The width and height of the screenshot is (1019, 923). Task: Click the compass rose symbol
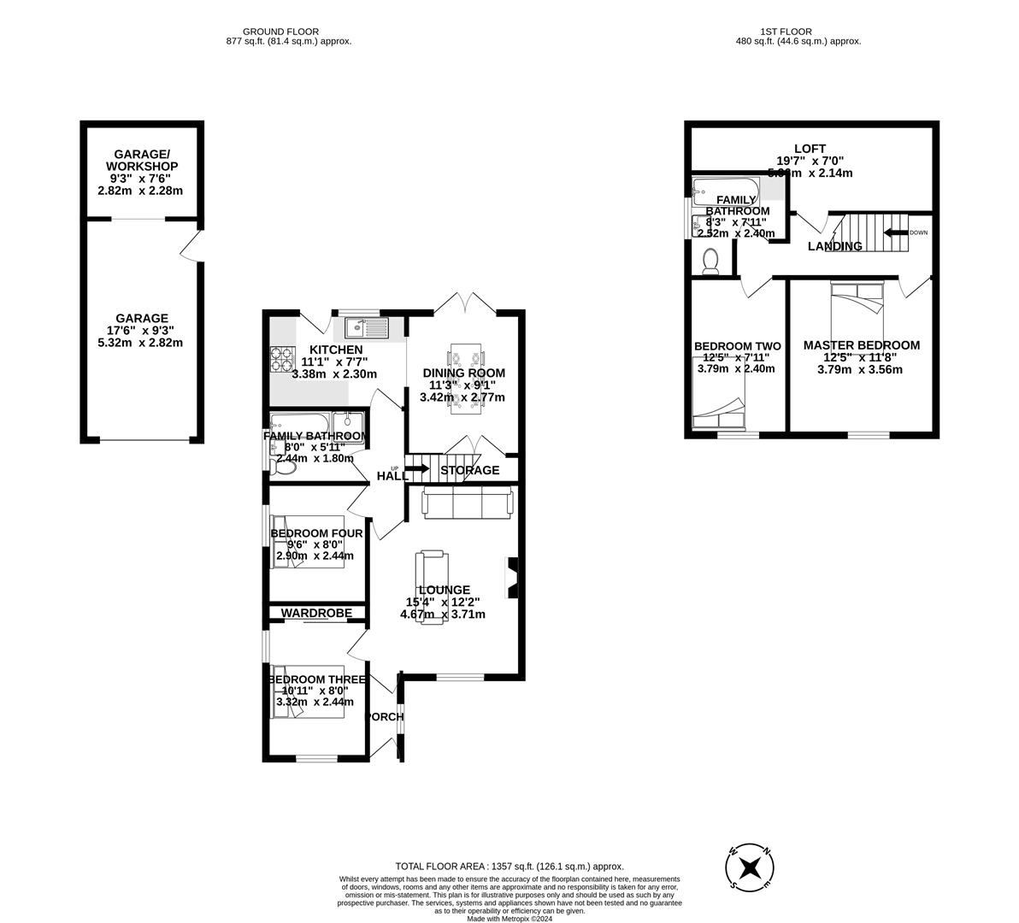(751, 867)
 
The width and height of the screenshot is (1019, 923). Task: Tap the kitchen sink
(367, 326)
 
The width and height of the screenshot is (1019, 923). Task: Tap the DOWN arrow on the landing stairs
(895, 232)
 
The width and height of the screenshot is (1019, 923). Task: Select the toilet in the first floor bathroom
(710, 261)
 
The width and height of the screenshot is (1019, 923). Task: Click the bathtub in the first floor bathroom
(723, 188)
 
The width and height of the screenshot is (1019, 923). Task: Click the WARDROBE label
(316, 613)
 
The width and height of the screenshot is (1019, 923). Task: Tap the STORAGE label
(470, 470)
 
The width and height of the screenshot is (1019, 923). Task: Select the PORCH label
(384, 717)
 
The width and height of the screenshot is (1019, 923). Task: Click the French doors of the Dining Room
(466, 303)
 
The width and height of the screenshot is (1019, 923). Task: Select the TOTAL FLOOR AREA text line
(509, 866)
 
